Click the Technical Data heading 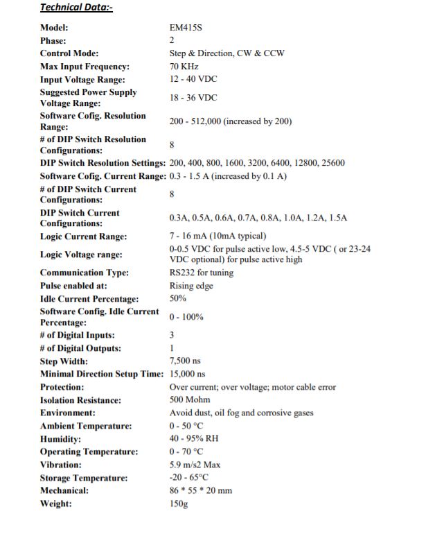point(76,8)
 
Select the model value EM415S point(186,28)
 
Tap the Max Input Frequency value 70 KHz point(184,67)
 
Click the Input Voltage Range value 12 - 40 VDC point(193,79)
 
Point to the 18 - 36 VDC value point(193,98)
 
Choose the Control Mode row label point(69,53)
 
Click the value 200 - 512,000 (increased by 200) point(231,121)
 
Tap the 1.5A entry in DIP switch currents point(337,218)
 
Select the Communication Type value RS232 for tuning point(202,273)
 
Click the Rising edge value point(191,286)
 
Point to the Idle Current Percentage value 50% point(178,298)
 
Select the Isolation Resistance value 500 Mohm point(190,399)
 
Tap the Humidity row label point(60,439)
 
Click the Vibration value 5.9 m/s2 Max point(195,465)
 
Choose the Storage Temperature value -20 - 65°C point(189,478)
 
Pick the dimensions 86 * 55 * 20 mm point(201,490)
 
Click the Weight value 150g point(179,503)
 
